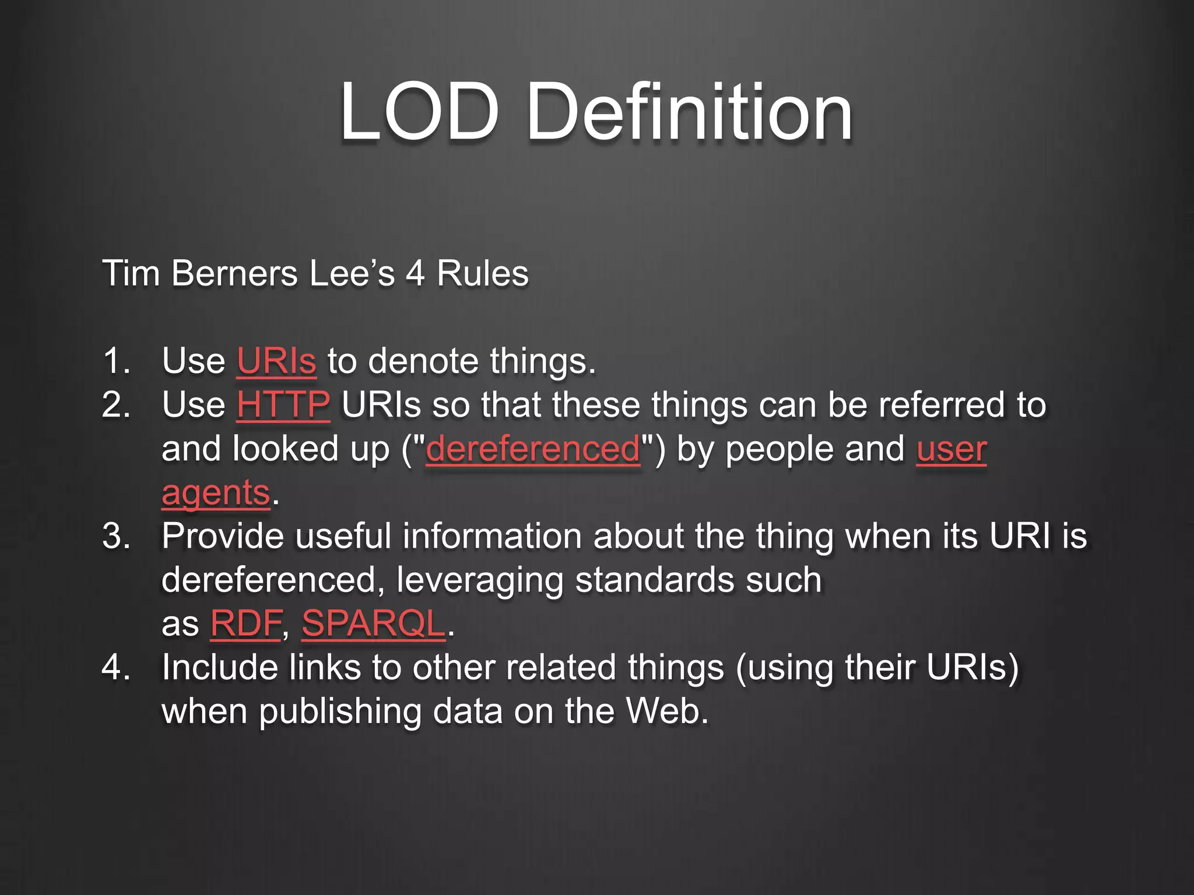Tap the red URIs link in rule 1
coord(276,361)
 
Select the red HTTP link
coord(283,404)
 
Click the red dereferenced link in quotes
coord(533,449)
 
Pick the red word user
coord(951,449)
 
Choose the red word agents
coord(216,493)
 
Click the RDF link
coord(246,623)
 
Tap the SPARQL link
coord(373,623)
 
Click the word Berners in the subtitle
coord(234,273)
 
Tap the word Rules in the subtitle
coord(483,273)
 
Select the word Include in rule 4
coord(219,667)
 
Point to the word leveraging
coord(480,580)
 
